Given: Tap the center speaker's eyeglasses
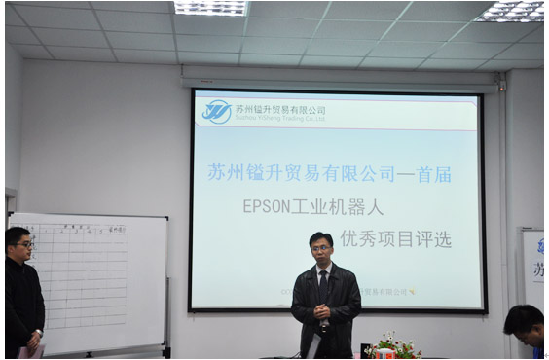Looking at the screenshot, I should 321,249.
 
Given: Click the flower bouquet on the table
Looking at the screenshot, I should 392,346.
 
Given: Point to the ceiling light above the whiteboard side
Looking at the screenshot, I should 209,8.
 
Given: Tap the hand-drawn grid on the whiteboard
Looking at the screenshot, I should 89,272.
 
